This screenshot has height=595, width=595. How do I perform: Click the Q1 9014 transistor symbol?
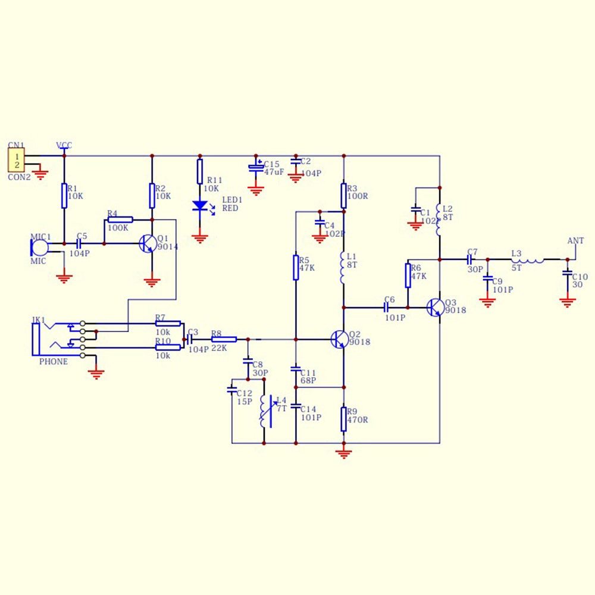148,243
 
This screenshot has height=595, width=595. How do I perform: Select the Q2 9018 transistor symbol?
340,339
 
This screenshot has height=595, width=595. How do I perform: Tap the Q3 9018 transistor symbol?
436,307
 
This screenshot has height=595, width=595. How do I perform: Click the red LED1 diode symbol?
200,206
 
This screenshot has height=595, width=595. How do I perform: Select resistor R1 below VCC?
64,195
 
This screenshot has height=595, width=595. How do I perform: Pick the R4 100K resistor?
120,220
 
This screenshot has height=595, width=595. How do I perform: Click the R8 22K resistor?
224,339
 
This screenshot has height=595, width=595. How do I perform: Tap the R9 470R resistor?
344,419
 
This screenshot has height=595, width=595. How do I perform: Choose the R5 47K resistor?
296,267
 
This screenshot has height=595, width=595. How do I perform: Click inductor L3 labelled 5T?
528,259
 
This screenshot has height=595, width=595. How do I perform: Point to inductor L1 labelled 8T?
343,267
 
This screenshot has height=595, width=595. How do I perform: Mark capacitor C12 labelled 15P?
232,391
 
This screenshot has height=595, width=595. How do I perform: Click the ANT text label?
575,241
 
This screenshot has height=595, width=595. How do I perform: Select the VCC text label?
64,145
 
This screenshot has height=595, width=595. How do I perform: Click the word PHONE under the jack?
54,362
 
